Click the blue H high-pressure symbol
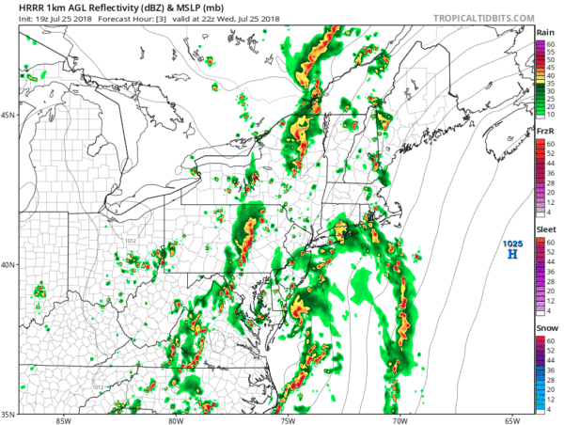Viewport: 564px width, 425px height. click(x=512, y=254)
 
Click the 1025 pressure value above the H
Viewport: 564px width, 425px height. click(x=512, y=244)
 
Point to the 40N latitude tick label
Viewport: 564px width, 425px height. click(x=8, y=264)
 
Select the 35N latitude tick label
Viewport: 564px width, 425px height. click(x=8, y=413)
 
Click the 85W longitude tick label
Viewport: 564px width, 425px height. click(x=63, y=419)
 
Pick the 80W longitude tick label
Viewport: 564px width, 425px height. click(x=176, y=419)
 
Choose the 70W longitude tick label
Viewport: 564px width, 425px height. click(x=400, y=419)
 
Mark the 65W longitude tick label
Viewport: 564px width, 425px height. click(x=512, y=419)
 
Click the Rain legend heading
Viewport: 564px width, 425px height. click(x=544, y=32)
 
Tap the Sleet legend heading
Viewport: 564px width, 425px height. click(x=544, y=228)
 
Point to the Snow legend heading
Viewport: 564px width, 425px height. click(x=544, y=326)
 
